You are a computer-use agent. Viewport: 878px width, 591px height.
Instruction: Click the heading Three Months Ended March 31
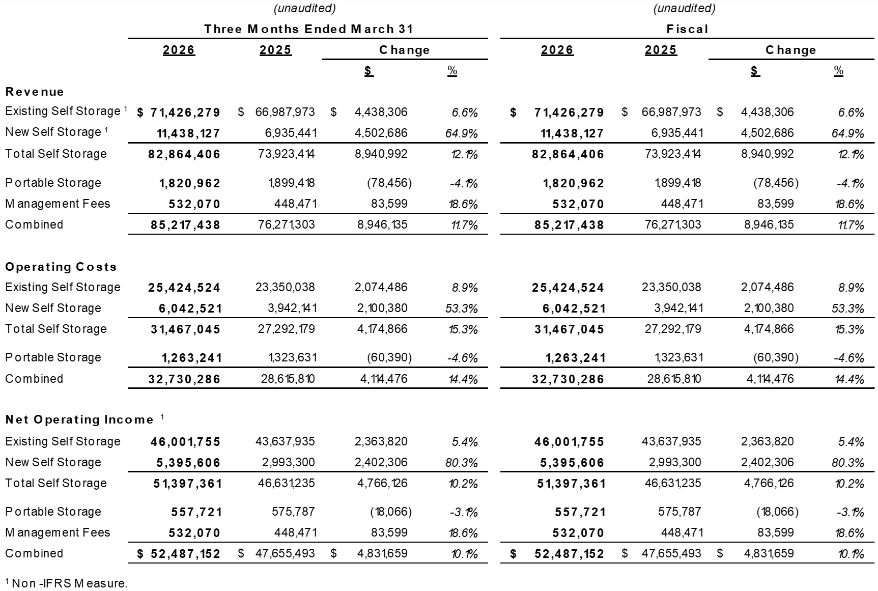pyautogui.click(x=308, y=29)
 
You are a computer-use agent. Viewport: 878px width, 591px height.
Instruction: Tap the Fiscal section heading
pyautogui.click(x=687, y=29)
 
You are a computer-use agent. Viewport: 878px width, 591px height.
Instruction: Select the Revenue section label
pyautogui.click(x=35, y=92)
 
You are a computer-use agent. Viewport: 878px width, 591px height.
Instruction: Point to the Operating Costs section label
pyautogui.click(x=61, y=267)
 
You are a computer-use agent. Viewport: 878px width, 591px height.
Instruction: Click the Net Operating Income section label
pyautogui.click(x=79, y=420)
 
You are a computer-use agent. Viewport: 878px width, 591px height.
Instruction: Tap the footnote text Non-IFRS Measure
pyautogui.click(x=69, y=583)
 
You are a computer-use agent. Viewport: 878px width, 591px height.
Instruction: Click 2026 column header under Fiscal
pyautogui.click(x=557, y=50)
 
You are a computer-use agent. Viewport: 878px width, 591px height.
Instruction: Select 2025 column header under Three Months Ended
pyautogui.click(x=275, y=50)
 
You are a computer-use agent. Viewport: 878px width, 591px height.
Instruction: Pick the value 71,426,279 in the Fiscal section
pyautogui.click(x=569, y=112)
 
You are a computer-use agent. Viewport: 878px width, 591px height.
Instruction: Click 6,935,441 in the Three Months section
pyautogui.click(x=291, y=133)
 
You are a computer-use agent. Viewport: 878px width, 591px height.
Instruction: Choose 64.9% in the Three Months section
pyautogui.click(x=461, y=134)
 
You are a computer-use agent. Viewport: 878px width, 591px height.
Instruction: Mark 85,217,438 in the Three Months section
pyautogui.click(x=185, y=225)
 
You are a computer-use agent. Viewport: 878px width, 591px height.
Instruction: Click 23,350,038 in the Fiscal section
pyautogui.click(x=671, y=288)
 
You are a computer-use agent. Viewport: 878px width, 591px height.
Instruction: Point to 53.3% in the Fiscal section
pyautogui.click(x=847, y=309)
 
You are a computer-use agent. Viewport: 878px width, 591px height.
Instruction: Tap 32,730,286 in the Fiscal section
pyautogui.click(x=568, y=380)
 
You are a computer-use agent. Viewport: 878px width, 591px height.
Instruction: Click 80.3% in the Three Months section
pyautogui.click(x=461, y=463)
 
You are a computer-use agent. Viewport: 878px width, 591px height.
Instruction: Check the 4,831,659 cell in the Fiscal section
pyautogui.click(x=769, y=554)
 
